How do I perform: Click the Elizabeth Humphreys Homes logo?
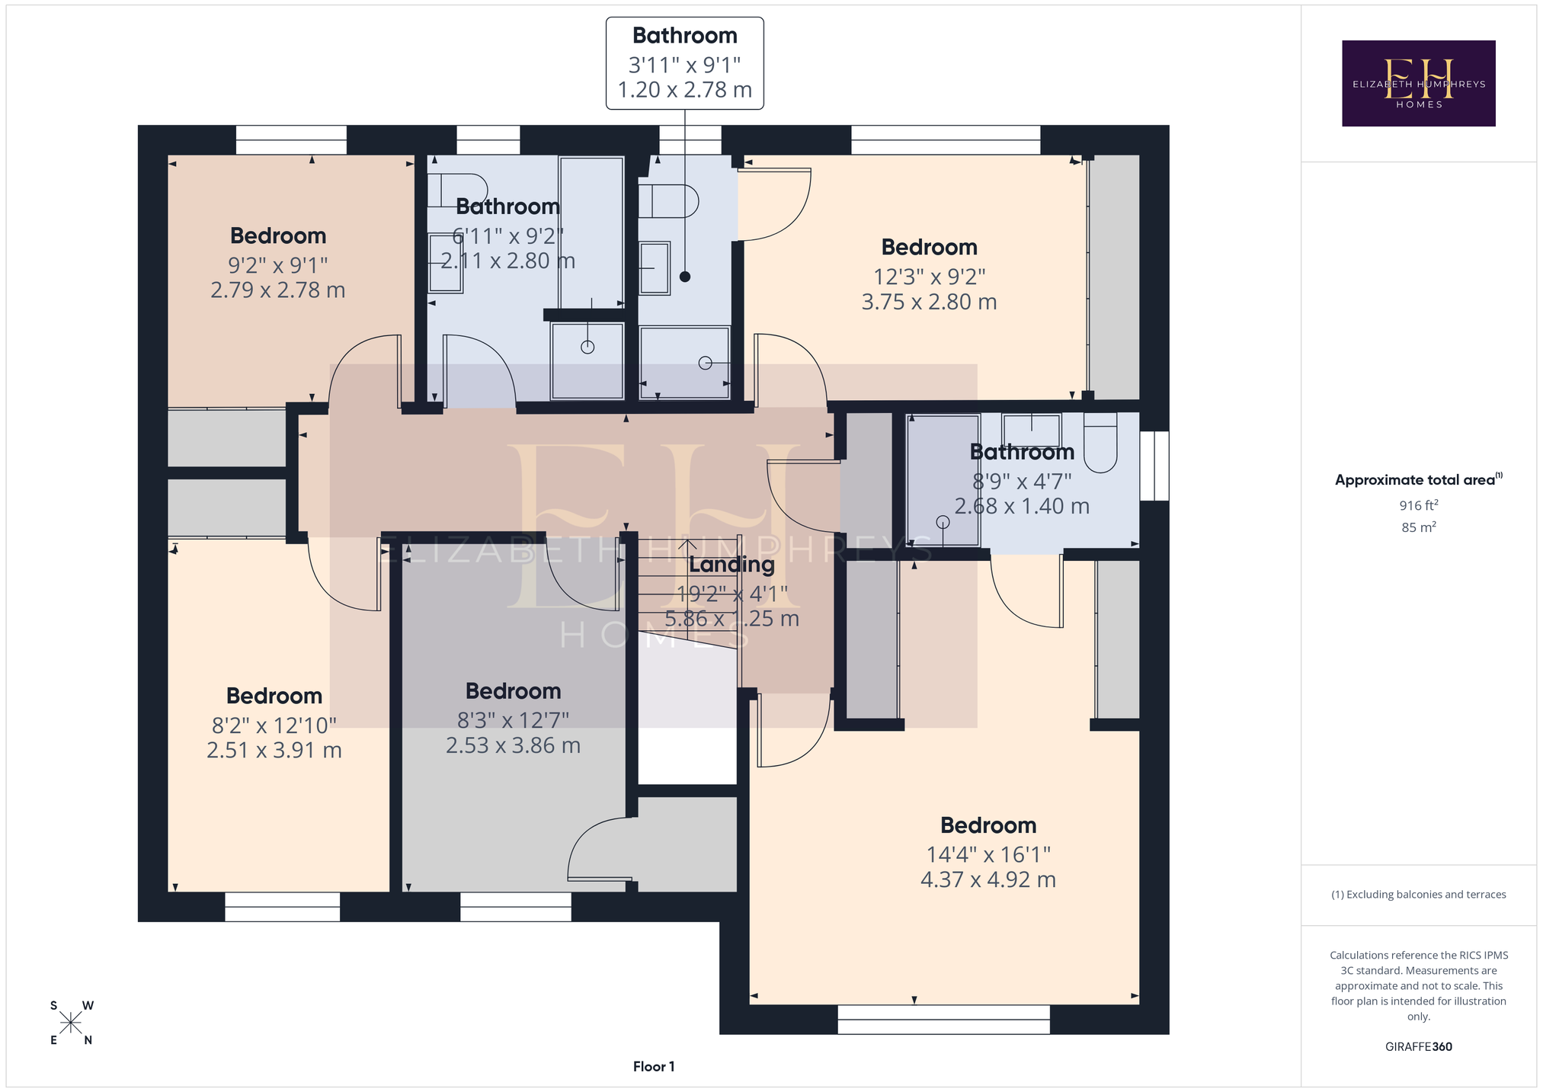1418,83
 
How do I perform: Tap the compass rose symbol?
71,1023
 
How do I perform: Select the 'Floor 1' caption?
654,1066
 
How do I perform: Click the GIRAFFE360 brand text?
1418,1046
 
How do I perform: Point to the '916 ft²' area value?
1418,504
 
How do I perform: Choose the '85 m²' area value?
1418,527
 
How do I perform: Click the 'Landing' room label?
731,565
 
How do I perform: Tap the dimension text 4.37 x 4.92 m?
988,879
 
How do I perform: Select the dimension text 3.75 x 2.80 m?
929,302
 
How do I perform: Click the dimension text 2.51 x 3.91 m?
274,750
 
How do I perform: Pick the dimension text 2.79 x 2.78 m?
278,290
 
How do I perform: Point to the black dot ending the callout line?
685,277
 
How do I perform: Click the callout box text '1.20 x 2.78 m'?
685,90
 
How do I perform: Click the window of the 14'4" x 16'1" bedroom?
943,1019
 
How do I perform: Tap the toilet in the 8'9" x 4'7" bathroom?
1100,443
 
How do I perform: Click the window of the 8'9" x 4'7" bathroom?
1154,466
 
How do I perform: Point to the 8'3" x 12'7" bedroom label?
514,691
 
